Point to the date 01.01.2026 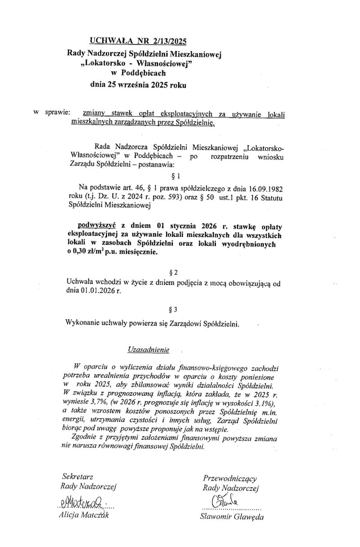point(102,291)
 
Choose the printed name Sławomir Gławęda point(232,516)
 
